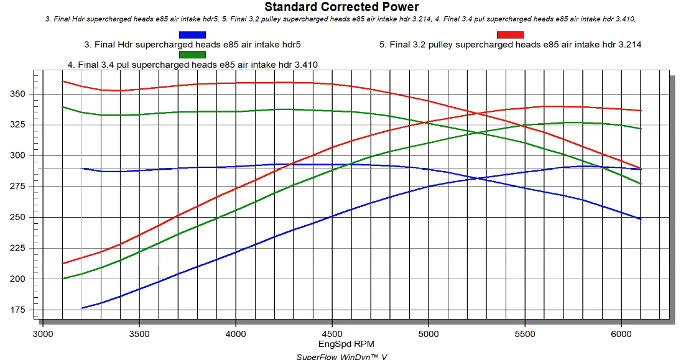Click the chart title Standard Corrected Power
tap(342, 7)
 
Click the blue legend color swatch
tap(192, 35)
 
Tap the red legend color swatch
tap(510, 35)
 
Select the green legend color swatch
tap(192, 54)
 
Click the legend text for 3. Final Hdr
tap(192, 45)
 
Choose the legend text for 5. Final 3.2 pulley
tap(510, 45)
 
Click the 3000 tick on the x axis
tap(43, 334)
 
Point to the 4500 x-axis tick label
tap(332, 334)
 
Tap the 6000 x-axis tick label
tap(621, 334)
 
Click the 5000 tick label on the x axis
tap(429, 334)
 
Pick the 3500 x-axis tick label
tap(139, 334)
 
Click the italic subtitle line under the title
tap(341, 19)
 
